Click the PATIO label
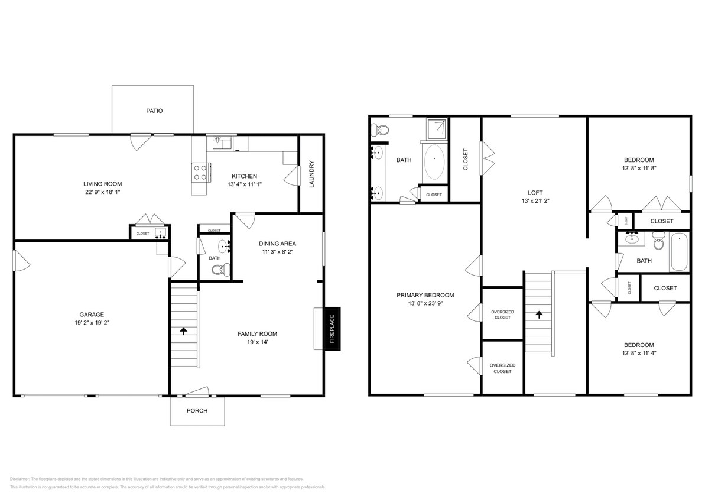[x=154, y=111]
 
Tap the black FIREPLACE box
[x=332, y=329]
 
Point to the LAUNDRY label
[x=311, y=174]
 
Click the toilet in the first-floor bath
[x=219, y=270]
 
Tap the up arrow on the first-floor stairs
[x=183, y=330]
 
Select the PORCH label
[x=197, y=411]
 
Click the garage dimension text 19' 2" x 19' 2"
[x=92, y=323]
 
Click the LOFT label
[x=535, y=192]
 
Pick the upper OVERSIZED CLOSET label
[x=502, y=315]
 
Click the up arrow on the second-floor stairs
[x=538, y=315]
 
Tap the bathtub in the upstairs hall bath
[x=679, y=252]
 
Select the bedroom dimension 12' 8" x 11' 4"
[x=639, y=354]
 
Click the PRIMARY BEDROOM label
[x=425, y=295]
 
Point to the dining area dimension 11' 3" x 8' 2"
[x=277, y=252]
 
